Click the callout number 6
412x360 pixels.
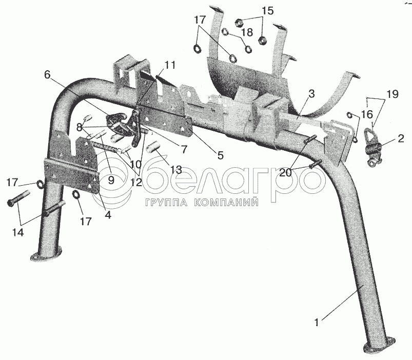pyautogui.click(x=48, y=74)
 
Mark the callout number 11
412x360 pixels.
pyautogui.click(x=170, y=65)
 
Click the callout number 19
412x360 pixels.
pyautogui.click(x=393, y=94)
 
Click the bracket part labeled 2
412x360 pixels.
pyautogui.click(x=372, y=146)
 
